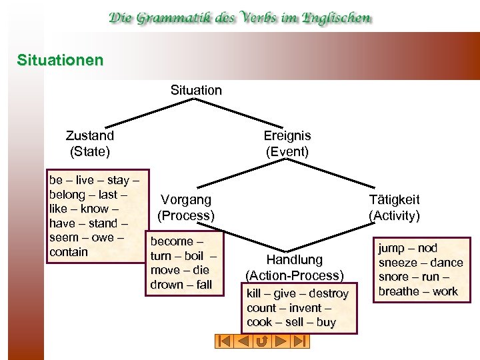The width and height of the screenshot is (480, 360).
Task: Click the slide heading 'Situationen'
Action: coord(61,61)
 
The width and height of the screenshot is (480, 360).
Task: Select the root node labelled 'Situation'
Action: coord(196,90)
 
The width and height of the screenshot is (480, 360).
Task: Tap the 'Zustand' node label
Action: coord(90,135)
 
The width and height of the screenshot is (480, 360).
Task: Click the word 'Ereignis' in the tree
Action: coord(287,135)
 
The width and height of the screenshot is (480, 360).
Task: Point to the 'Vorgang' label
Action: coord(186,199)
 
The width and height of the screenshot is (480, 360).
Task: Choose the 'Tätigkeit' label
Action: coord(394,199)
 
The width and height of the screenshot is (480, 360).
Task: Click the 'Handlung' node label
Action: coord(294,260)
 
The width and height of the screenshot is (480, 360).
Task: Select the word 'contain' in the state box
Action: coord(69,252)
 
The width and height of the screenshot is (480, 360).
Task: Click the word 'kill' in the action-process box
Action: coord(254,294)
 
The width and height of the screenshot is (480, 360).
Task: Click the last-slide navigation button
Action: coord(300,341)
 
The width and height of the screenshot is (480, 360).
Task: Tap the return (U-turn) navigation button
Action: coord(262,341)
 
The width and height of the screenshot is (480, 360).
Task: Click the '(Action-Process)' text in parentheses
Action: coord(294,275)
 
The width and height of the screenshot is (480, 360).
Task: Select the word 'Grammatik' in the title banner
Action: coord(170,18)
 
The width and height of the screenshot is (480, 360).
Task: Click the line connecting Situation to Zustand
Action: coord(151,111)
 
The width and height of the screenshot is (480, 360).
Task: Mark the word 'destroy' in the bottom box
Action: coord(329,294)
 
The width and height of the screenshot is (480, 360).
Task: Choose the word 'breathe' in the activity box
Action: coord(399,291)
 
